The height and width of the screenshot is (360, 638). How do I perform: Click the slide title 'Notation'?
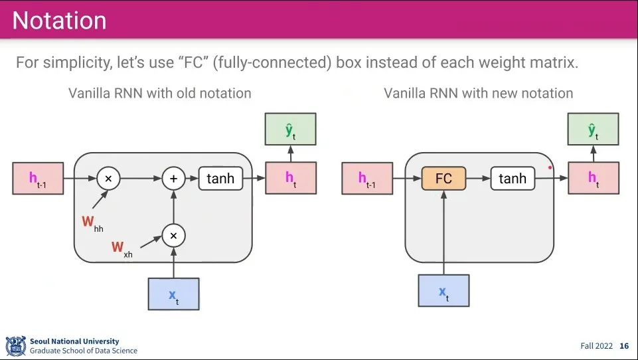[x=59, y=21]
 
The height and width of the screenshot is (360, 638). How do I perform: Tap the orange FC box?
[x=443, y=179]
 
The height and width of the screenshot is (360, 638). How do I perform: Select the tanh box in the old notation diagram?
[x=220, y=179]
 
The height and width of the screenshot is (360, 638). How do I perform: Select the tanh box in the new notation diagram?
[x=512, y=179]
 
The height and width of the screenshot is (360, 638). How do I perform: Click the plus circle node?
[x=173, y=179]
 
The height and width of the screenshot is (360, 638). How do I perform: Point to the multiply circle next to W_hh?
[x=108, y=179]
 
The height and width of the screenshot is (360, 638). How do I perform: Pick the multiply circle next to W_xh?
[x=173, y=235]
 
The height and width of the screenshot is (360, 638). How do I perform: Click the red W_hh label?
[x=92, y=223]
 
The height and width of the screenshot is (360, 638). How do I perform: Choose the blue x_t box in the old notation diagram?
[x=173, y=294]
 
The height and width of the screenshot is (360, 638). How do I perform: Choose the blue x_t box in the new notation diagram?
[x=443, y=291]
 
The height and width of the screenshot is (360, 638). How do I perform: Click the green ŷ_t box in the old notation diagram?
[x=290, y=130]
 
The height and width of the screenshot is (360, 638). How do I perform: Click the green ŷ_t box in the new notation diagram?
[x=594, y=130]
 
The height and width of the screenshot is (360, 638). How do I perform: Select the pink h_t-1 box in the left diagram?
[x=38, y=179]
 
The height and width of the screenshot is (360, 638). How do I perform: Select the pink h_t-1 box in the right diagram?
[x=367, y=179]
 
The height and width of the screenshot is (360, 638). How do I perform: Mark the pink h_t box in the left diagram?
[x=290, y=179]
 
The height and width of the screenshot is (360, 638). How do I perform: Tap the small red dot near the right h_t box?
[x=550, y=167]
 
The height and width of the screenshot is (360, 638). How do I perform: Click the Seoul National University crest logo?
[x=15, y=346]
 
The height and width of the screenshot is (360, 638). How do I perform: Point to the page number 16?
[x=623, y=346]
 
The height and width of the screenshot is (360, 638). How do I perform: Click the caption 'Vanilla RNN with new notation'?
[x=478, y=93]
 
